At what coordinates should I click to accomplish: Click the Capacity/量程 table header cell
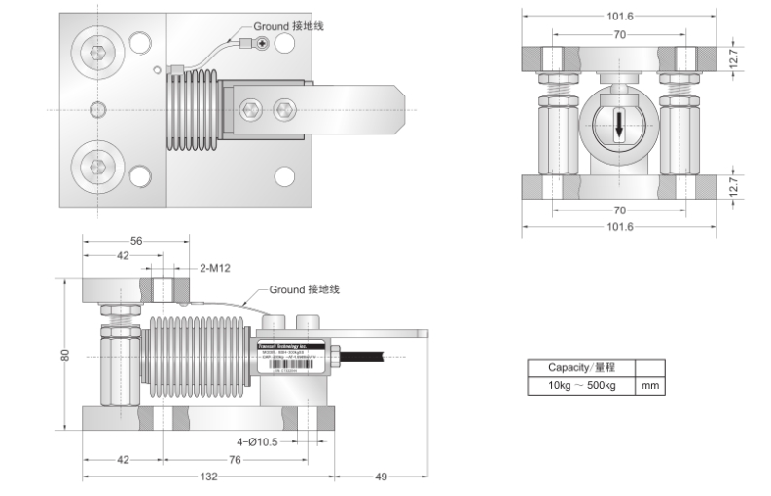pos(580,368)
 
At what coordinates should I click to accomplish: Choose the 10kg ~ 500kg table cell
pos(580,386)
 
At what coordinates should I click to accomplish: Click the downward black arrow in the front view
pos(619,128)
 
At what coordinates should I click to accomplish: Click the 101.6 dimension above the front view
pos(619,16)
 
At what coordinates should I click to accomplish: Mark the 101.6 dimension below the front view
pos(619,227)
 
